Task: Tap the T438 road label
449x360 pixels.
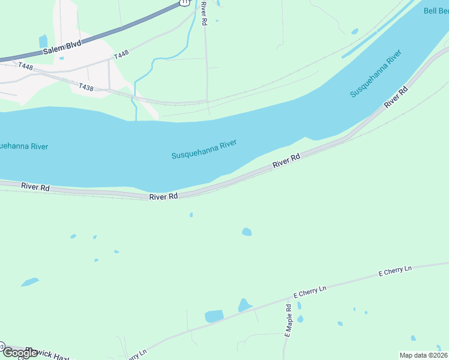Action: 86,88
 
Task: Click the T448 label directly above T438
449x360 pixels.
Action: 121,55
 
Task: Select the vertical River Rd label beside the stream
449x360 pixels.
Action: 204,13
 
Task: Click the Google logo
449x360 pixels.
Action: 20,353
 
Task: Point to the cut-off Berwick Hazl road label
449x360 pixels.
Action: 47,354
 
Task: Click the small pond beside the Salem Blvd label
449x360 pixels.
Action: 43,41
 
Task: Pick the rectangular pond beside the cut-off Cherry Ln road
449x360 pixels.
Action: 214,316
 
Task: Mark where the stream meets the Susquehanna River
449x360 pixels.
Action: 136,119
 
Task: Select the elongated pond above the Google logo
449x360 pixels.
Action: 29,281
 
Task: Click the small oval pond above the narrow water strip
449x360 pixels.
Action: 355,31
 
